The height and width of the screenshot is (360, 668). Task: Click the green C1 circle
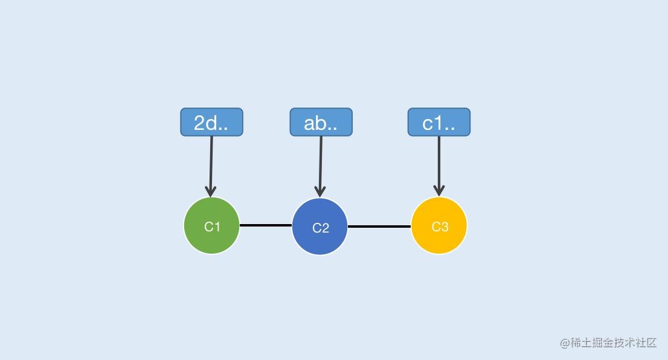tap(212, 225)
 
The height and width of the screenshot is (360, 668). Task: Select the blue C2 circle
tap(320, 227)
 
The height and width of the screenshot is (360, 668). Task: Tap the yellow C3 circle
tap(439, 225)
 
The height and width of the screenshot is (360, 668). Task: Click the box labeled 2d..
tap(212, 122)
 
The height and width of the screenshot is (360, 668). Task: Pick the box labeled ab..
tap(321, 122)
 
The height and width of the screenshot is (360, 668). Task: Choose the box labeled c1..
tap(439, 122)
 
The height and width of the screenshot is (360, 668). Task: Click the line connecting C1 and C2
tap(266, 225)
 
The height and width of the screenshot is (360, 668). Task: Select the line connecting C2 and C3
tap(379, 227)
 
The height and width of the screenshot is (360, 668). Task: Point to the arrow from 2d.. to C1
tap(211, 167)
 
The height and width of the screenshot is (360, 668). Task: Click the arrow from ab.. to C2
tap(320, 167)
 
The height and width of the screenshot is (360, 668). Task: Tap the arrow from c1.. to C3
tap(439, 166)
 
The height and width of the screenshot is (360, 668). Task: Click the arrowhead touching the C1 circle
tap(210, 191)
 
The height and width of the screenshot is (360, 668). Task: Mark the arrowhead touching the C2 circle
tap(320, 191)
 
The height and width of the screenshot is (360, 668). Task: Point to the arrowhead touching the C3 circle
tap(439, 191)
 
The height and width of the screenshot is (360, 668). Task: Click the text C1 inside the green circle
tap(212, 227)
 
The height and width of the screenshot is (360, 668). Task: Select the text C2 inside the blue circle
tap(320, 228)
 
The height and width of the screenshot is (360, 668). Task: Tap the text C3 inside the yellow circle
tap(440, 227)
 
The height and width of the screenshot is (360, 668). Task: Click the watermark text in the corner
tap(608, 342)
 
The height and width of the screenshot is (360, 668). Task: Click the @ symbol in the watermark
tap(565, 343)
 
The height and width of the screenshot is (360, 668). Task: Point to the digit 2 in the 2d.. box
tap(199, 123)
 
